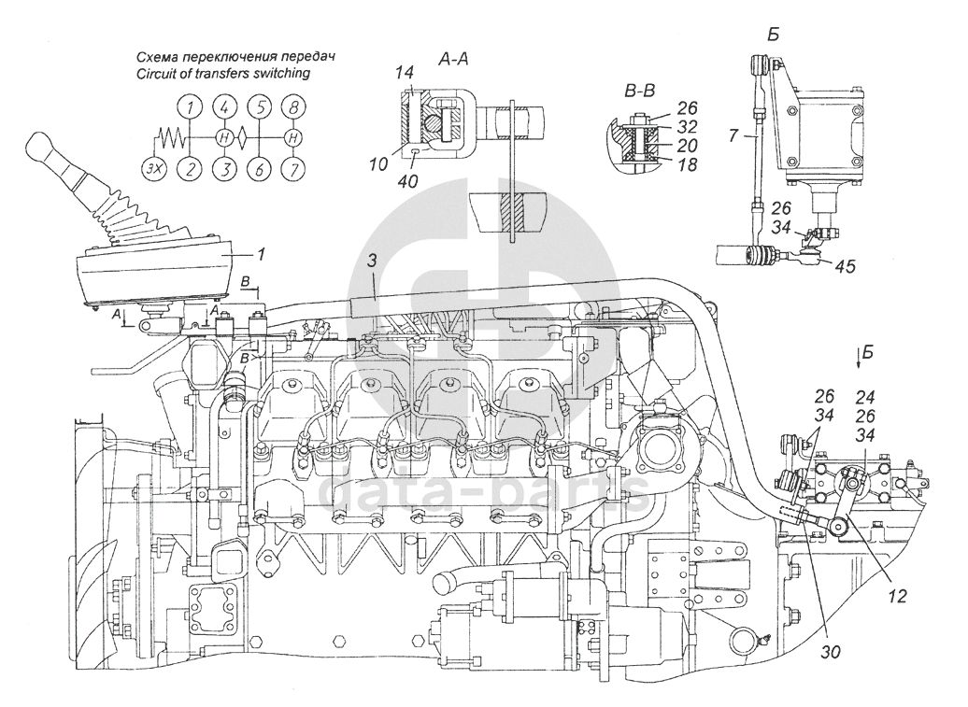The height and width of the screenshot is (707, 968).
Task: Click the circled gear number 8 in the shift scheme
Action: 295,107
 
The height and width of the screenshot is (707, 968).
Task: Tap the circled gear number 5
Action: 261,107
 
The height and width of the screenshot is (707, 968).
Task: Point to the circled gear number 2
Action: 191,168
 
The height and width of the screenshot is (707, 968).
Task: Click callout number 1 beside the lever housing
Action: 261,253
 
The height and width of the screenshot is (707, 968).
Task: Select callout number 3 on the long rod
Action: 372,261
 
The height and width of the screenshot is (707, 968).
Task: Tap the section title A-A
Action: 453,59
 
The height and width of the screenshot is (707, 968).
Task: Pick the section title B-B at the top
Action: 639,92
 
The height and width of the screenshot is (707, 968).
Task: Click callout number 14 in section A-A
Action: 405,72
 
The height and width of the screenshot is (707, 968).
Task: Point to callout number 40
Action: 408,181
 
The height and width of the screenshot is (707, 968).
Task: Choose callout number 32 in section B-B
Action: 687,126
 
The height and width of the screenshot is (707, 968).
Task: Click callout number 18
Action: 687,164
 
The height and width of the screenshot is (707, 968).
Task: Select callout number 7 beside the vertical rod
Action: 733,135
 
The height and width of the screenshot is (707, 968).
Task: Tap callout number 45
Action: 844,266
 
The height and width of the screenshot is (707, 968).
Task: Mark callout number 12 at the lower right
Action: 897,596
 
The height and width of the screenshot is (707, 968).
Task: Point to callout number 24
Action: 865,396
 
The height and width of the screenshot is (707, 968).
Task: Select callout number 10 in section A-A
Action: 378,163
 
